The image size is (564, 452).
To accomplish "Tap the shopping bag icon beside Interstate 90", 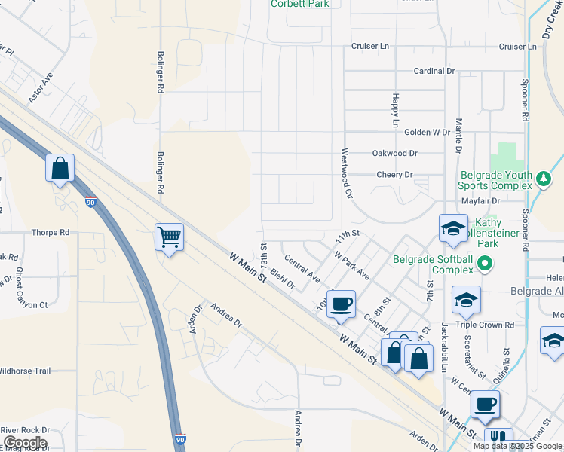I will pos(60,168).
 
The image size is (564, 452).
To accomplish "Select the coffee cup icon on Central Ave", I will pos(342,304).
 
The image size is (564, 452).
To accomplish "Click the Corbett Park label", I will pos(300,4).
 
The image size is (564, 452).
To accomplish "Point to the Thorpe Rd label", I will pos(51,233).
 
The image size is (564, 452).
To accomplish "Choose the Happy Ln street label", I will pos(395,110).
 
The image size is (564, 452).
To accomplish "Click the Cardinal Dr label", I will pos(434,70).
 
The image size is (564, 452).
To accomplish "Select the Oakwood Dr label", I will pos(395,153).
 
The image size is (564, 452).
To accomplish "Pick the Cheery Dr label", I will pos(395,175).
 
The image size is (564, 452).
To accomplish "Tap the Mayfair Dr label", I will pos(480,201).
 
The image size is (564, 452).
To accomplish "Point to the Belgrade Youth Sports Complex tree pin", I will pos(543,180).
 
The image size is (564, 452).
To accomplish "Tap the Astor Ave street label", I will pos(41,88).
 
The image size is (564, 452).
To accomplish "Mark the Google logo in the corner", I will pos(24,442).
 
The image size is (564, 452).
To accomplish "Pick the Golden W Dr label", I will pos(427,132).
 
